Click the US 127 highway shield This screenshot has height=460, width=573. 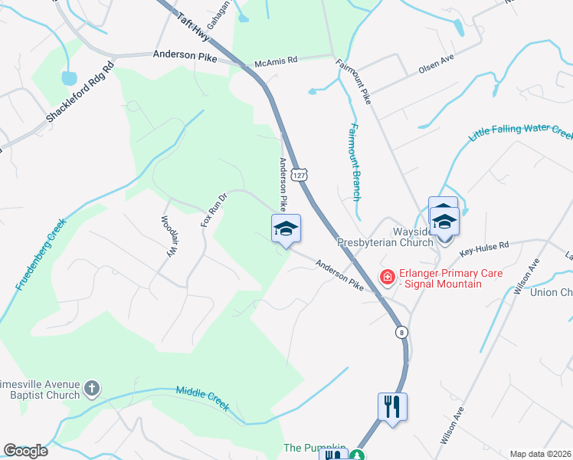pyautogui.click(x=304, y=176)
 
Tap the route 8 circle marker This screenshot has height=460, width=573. pyautogui.click(x=401, y=332)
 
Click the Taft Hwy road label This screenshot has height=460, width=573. pyautogui.click(x=192, y=25)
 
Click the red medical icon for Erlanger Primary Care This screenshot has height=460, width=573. pyautogui.click(x=388, y=277)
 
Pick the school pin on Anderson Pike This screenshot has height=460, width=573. pyautogui.click(x=286, y=229)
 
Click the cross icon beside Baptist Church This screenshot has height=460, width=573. pyautogui.click(x=91, y=388)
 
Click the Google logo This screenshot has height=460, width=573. pyautogui.click(x=25, y=451)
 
